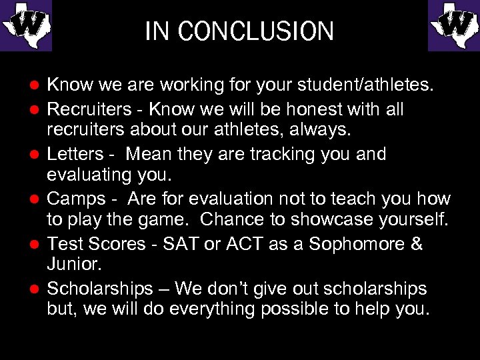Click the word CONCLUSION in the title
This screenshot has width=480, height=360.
point(256,31)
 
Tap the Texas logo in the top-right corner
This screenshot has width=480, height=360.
point(454,26)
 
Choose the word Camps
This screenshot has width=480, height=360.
point(76,199)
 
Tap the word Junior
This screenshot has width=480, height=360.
point(74,263)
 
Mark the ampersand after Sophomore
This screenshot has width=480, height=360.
point(417,244)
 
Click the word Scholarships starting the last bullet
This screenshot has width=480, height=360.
point(100,289)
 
